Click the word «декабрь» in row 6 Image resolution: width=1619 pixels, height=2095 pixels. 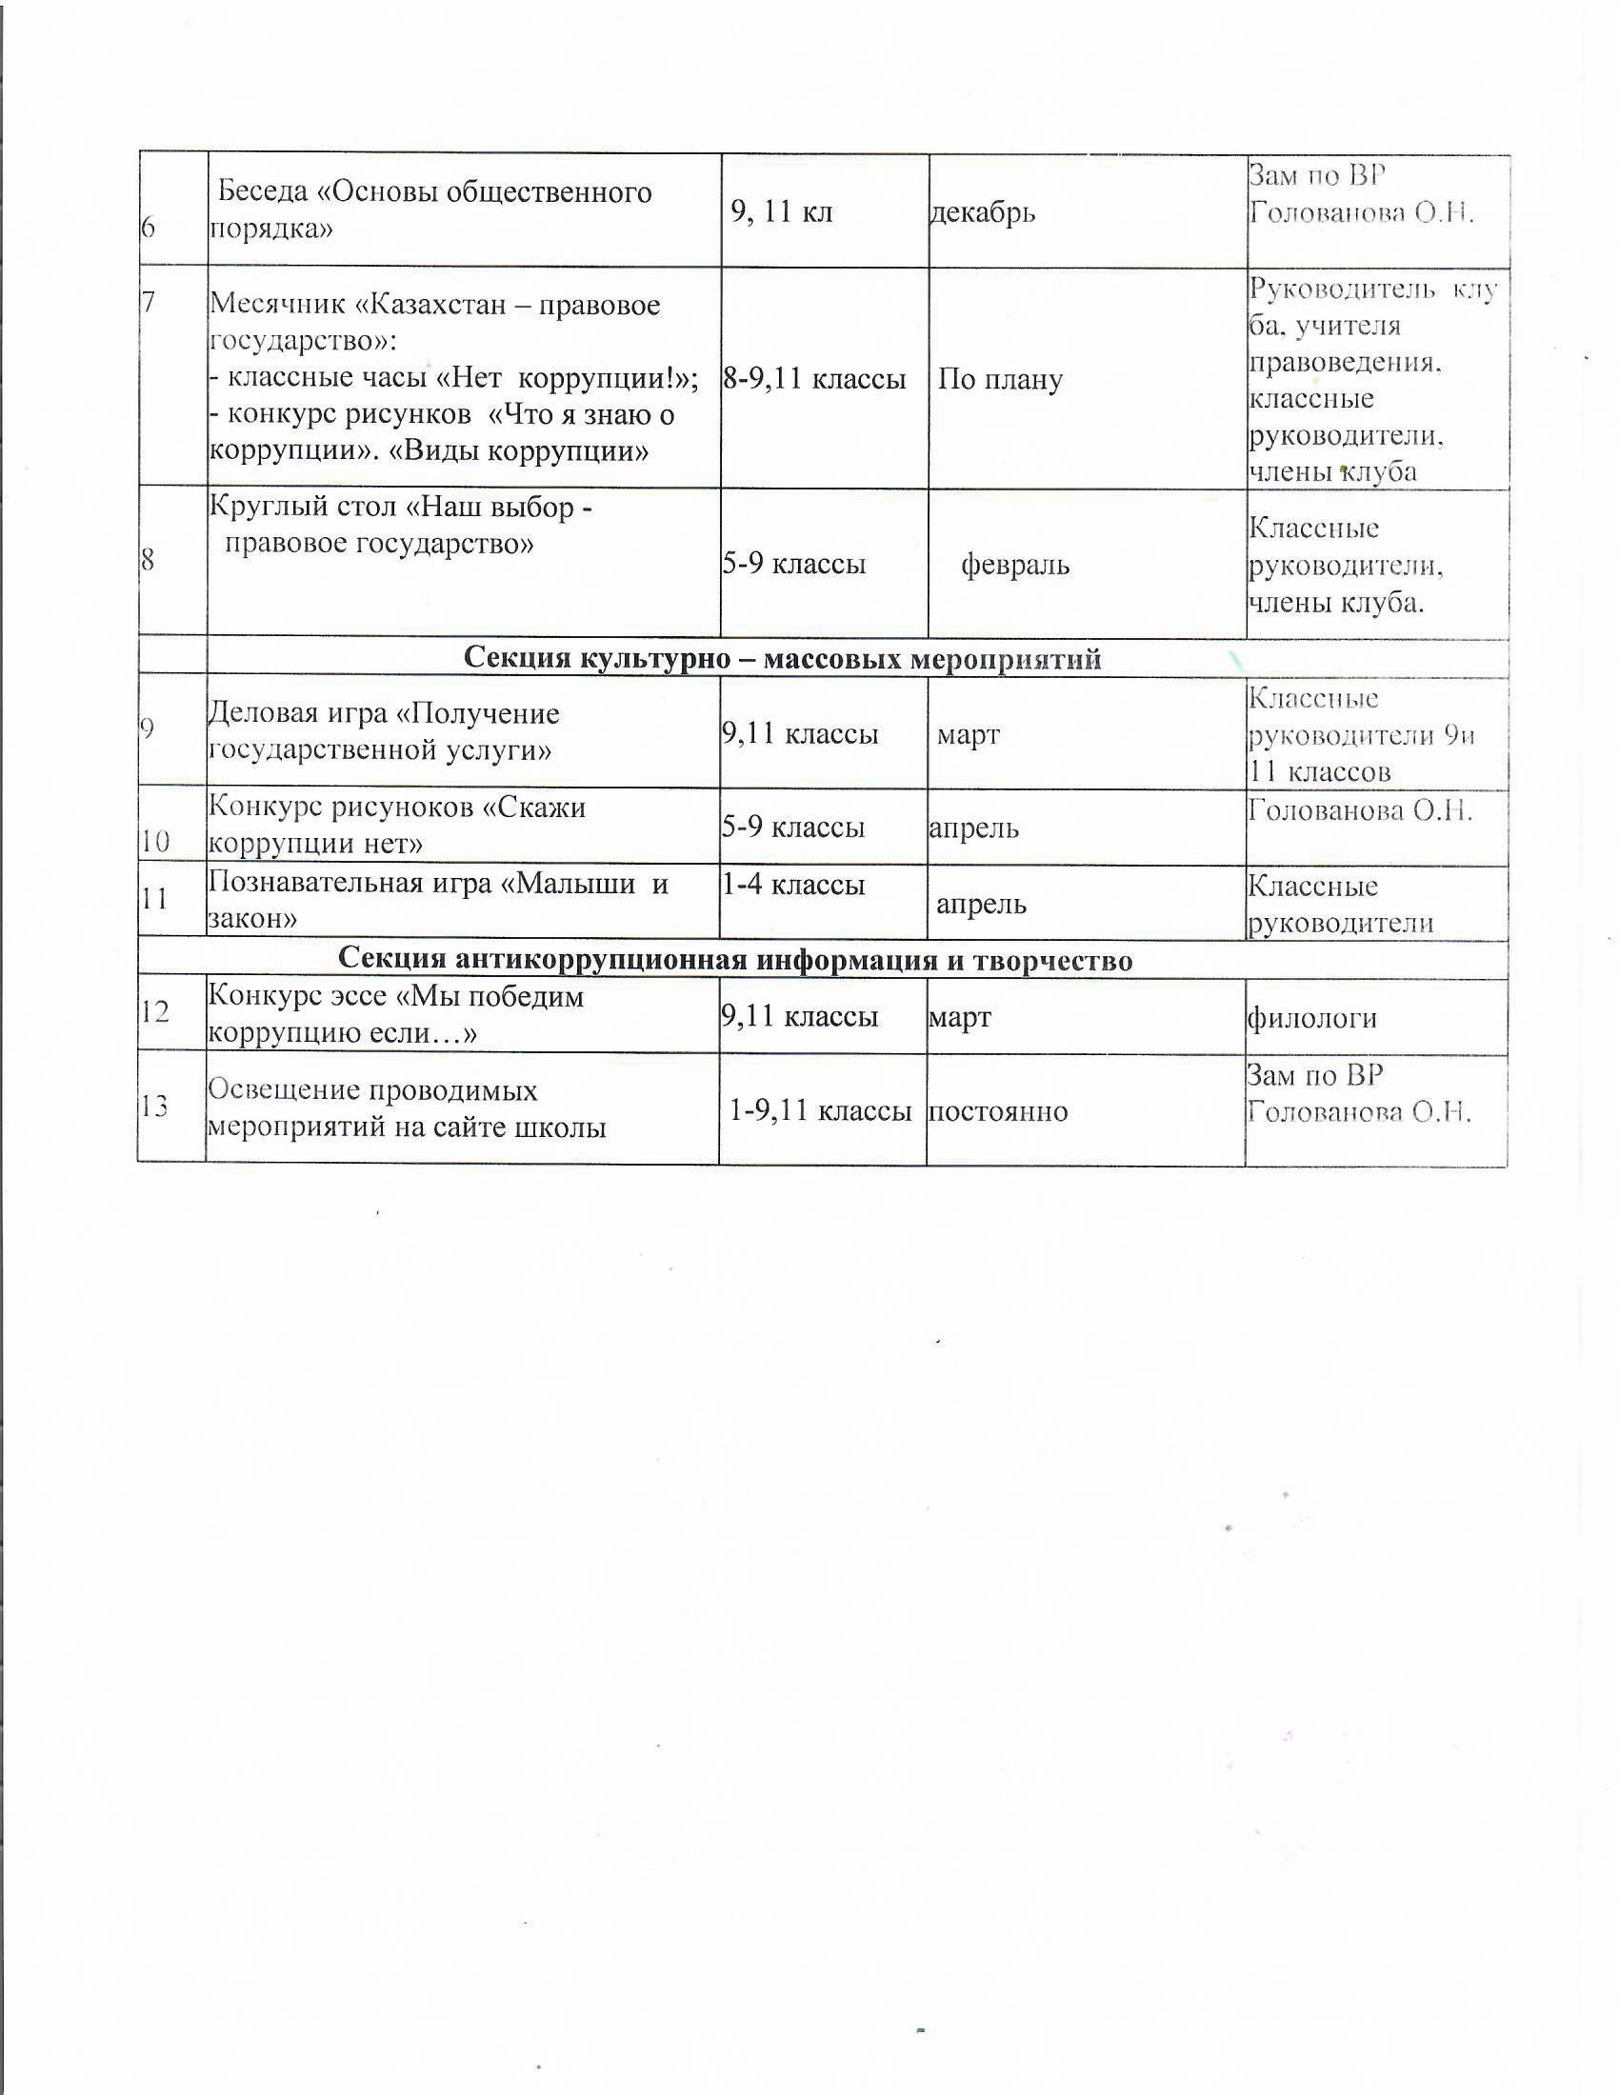(x=983, y=212)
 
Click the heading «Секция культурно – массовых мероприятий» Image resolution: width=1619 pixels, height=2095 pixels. (x=783, y=659)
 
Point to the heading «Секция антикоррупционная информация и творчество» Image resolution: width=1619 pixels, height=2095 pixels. (x=735, y=960)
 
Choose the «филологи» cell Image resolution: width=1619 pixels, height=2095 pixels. (x=1311, y=1017)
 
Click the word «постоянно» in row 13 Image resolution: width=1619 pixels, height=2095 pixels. (x=997, y=1110)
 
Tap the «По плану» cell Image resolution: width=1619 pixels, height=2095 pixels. (x=999, y=380)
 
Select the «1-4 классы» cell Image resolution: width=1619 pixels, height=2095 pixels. (x=793, y=885)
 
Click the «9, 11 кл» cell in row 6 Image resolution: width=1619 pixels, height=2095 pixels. (x=782, y=212)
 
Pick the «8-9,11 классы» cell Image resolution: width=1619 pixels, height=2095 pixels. (x=814, y=380)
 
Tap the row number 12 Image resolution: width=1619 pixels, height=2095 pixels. (x=154, y=1011)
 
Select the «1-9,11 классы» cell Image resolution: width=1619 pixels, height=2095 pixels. (x=820, y=1110)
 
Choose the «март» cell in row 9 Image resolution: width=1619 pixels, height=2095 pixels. (x=968, y=735)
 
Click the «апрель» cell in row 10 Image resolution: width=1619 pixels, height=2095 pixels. (x=973, y=828)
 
